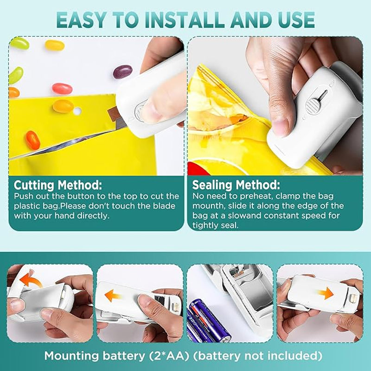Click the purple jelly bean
pyautogui.click(x=122, y=72)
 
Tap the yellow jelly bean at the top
pyautogui.click(x=55, y=45)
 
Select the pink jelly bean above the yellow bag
pyautogui.click(x=62, y=89)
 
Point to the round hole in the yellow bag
pyautogui.click(x=77, y=111)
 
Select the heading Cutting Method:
pyautogui.click(x=58, y=185)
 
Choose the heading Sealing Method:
pyautogui.click(x=236, y=185)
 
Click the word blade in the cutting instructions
pyautogui.click(x=164, y=206)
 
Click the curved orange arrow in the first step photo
pyautogui.click(x=30, y=280)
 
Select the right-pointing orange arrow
pyautogui.click(x=326, y=294)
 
